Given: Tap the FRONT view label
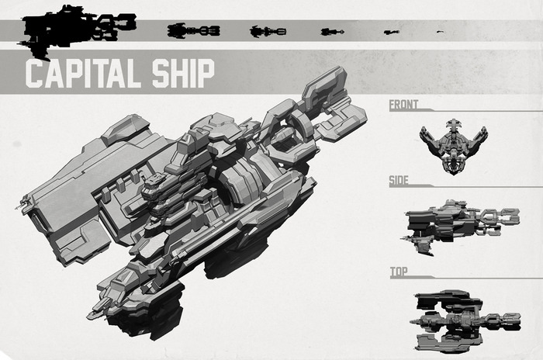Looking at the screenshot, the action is [x=404, y=105].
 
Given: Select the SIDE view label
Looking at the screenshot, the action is [x=399, y=182].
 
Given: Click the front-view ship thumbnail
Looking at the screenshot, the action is [x=453, y=145].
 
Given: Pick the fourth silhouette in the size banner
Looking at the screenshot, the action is [x=332, y=32].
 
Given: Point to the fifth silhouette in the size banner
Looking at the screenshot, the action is [x=391, y=32].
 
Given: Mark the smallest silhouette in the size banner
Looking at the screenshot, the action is [x=441, y=32].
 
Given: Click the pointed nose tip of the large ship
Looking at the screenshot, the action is [x=92, y=317].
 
